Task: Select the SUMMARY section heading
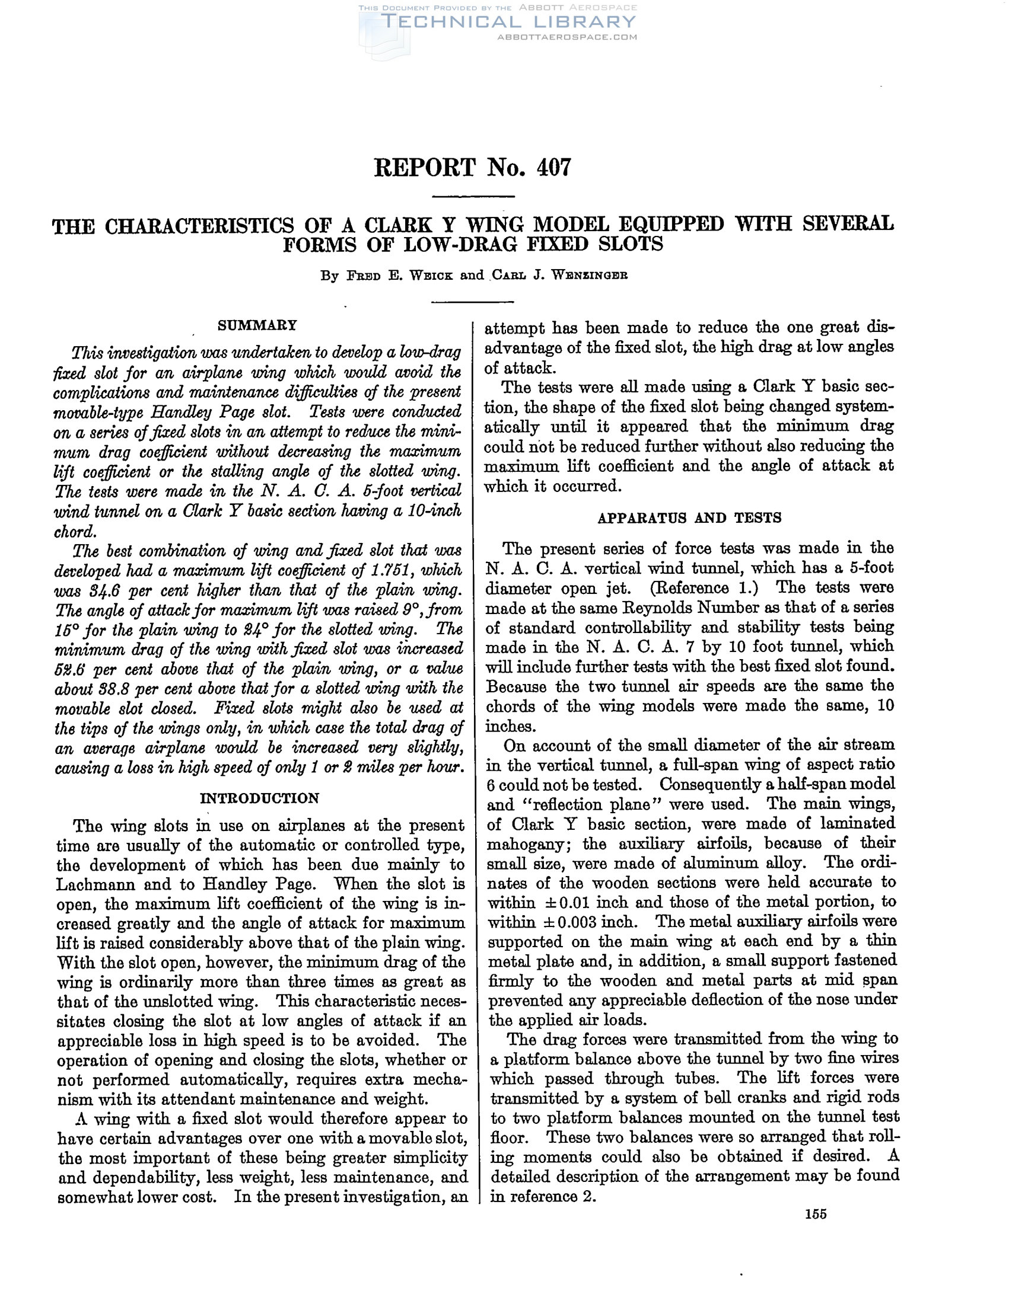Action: click(x=257, y=325)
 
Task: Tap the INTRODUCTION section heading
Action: click(x=259, y=798)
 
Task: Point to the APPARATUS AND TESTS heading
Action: click(x=689, y=518)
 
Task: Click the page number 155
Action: click(x=816, y=1214)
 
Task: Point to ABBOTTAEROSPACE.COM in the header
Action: click(x=567, y=37)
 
